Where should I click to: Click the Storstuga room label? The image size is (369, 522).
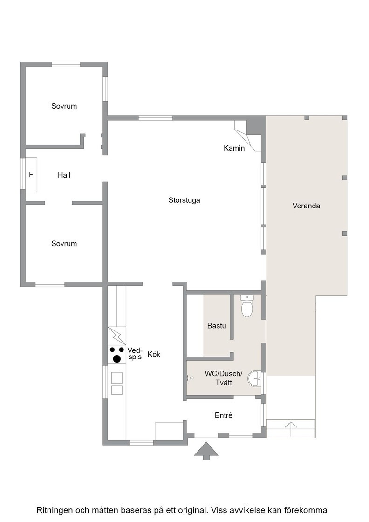pos(184,200)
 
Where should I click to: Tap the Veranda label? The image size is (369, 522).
pos(306,206)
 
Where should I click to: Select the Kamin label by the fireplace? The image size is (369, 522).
pos(234,148)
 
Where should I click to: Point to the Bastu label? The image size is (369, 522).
pos(217,326)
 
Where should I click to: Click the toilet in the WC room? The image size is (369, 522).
pos(247,306)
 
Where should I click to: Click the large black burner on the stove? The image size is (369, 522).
pos(117,358)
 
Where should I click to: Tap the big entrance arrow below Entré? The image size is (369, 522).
pos(206,450)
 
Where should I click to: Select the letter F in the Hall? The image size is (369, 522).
pos(31,174)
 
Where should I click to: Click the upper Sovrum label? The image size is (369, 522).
pos(64,106)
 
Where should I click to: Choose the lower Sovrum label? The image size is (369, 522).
pos(64,244)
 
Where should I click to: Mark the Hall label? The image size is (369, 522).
pos(64,175)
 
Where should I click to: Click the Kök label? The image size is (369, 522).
pos(154,354)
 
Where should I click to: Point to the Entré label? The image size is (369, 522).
pos(224,415)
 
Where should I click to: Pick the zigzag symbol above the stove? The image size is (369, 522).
pos(117,336)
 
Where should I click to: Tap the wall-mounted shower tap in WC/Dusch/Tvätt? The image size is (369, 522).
pos(190,378)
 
